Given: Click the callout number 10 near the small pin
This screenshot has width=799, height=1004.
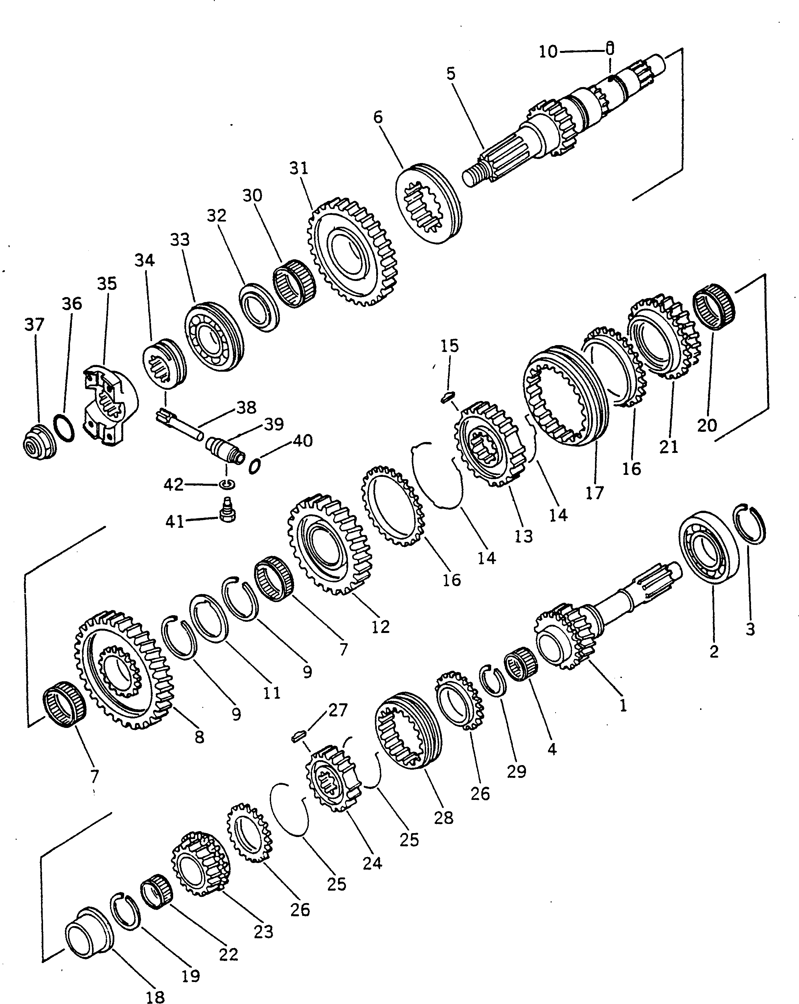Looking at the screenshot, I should (548, 52).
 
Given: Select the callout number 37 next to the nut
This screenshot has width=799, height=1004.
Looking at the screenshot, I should (34, 325).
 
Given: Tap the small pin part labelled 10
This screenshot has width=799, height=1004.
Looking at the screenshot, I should (610, 48).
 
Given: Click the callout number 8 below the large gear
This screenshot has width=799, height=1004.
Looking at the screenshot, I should (199, 737).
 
